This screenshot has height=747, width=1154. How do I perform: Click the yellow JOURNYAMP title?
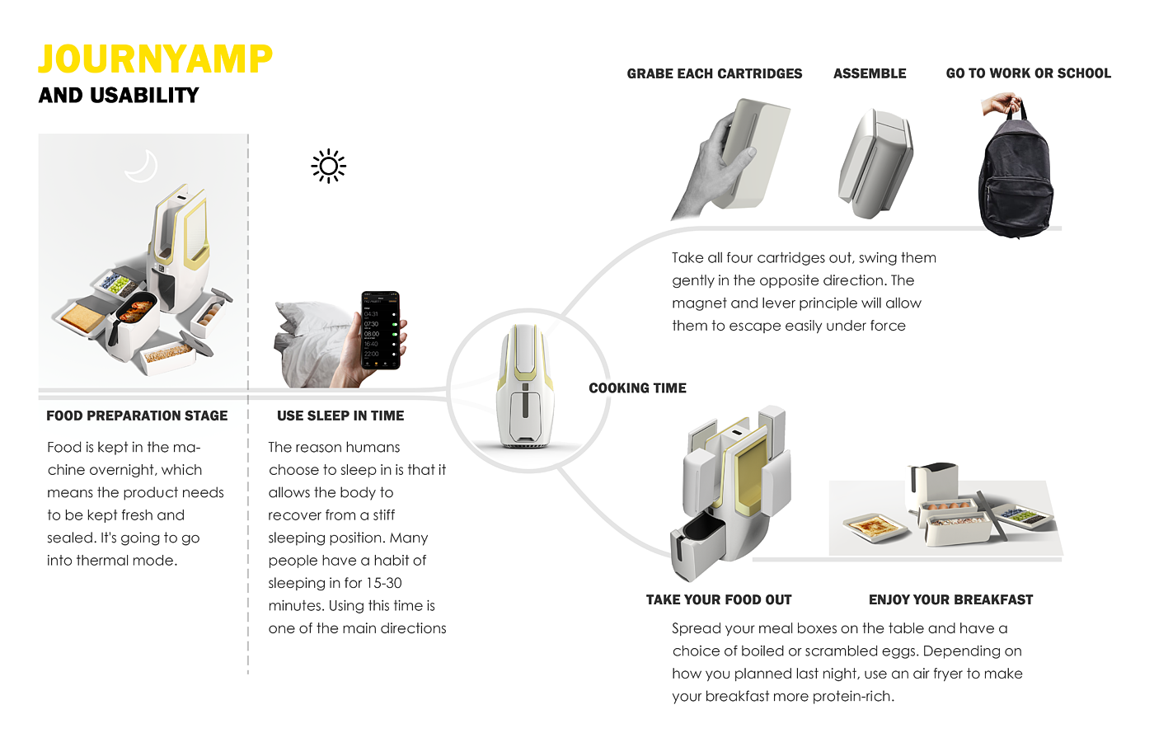[x=155, y=59]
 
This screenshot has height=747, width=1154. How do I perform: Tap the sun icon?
[x=329, y=167]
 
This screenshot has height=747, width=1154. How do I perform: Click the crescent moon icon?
[x=142, y=166]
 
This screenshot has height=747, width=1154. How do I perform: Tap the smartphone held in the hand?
[x=381, y=331]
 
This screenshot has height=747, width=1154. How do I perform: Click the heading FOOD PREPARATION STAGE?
[x=137, y=416]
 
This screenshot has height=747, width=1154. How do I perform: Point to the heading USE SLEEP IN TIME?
[x=340, y=416]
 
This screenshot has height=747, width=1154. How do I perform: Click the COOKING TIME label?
[x=637, y=388]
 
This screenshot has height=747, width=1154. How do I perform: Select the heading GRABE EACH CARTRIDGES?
[x=714, y=73]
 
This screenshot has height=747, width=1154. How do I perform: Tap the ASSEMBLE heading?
[x=870, y=73]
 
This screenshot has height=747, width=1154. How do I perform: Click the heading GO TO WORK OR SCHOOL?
[x=1028, y=73]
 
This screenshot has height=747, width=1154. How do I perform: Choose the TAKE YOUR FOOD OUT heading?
[x=719, y=599]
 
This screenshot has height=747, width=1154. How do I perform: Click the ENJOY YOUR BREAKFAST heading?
[x=950, y=599]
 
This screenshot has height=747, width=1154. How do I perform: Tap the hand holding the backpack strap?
[x=1002, y=106]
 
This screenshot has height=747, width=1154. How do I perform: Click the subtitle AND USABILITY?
[x=119, y=96]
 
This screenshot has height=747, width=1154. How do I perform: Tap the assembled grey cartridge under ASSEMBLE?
[x=876, y=163]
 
